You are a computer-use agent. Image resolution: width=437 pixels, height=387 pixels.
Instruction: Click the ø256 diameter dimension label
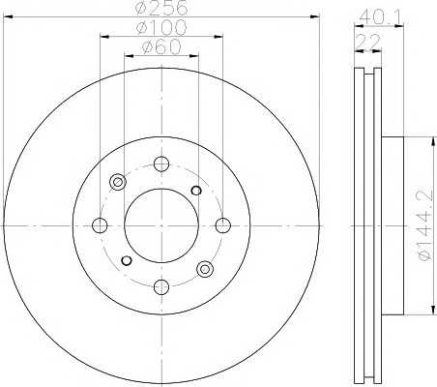tap(161, 8)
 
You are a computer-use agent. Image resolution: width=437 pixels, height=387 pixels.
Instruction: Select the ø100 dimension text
tap(161, 27)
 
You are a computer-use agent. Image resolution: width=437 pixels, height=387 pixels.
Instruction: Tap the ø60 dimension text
tap(161, 47)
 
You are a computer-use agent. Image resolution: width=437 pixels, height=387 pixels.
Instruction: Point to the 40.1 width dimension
tap(381, 16)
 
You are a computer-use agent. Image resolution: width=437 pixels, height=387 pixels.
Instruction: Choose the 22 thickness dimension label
tap(369, 42)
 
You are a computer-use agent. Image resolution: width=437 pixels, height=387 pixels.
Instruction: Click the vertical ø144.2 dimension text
tap(424, 225)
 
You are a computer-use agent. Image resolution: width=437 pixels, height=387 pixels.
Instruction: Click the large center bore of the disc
tap(161, 225)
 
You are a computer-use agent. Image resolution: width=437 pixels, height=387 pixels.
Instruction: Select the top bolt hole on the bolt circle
tap(161, 164)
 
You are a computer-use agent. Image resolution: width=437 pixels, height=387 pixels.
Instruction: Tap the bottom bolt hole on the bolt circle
tap(161, 286)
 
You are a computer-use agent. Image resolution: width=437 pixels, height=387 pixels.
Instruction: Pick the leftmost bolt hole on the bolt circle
tap(100, 225)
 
